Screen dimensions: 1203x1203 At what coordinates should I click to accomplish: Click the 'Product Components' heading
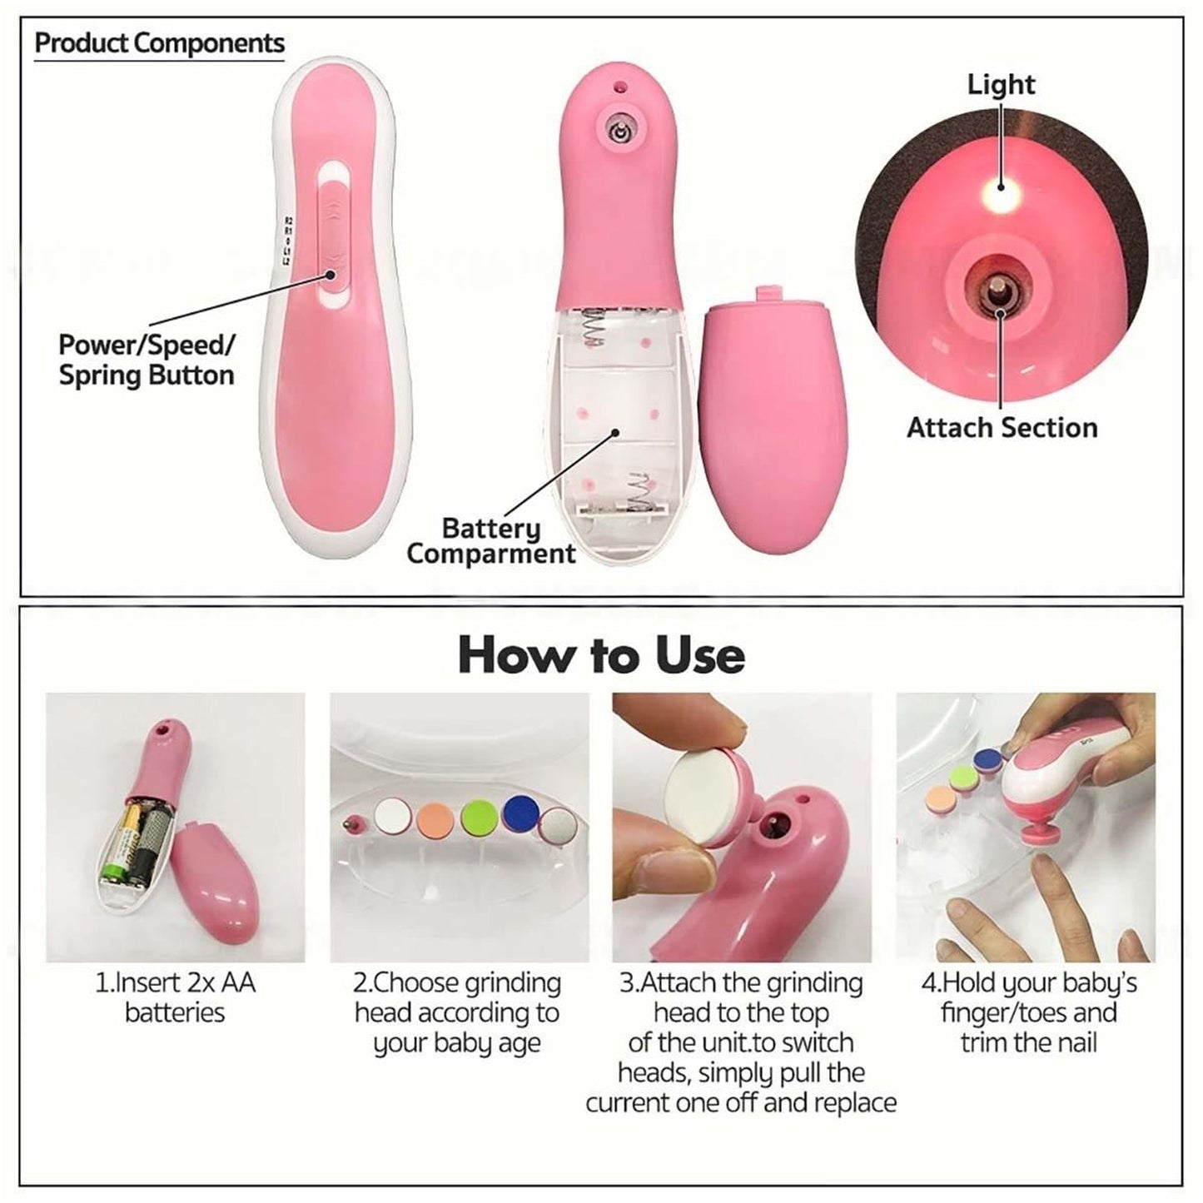[x=159, y=43]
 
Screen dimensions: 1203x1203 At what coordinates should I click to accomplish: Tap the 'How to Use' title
[x=601, y=654]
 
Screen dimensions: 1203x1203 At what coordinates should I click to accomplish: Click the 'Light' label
[x=1001, y=84]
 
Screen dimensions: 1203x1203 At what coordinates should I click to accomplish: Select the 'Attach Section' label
[x=1002, y=428]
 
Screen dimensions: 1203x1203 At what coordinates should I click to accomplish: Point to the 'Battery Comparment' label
[x=490, y=541]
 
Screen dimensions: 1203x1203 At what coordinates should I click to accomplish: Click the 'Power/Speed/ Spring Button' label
[x=147, y=360]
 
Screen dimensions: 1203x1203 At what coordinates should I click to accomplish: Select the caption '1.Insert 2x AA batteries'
[x=175, y=997]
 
